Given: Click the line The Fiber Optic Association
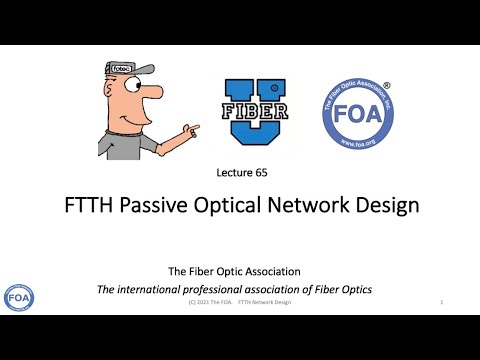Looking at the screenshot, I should click(234, 270).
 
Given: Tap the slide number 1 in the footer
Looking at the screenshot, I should click(441, 301).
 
